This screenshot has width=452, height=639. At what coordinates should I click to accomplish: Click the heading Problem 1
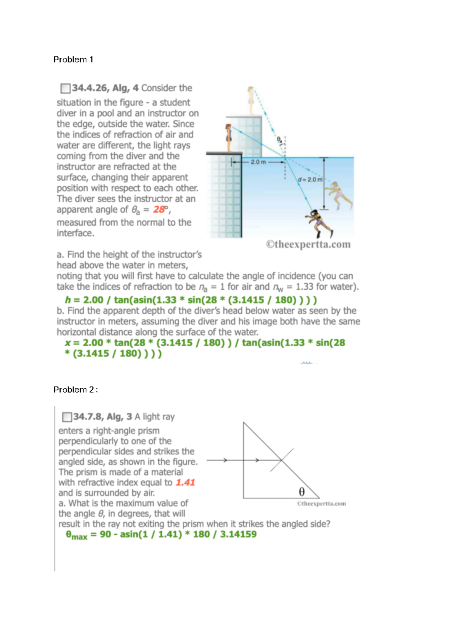pyautogui.click(x=73, y=60)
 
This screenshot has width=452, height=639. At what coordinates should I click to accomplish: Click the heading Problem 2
pyautogui.click(x=75, y=390)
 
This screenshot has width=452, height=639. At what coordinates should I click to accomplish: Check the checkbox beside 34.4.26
pyautogui.click(x=65, y=89)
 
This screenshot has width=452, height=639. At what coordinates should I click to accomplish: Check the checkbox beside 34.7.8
pyautogui.click(x=67, y=417)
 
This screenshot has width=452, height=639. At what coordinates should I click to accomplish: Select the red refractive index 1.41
pyautogui.click(x=185, y=483)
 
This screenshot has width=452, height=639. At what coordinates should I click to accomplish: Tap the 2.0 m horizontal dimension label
pyautogui.click(x=258, y=162)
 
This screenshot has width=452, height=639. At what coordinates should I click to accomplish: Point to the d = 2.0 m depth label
pyautogui.click(x=310, y=180)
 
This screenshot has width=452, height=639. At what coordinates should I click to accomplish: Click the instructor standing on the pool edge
pyautogui.click(x=228, y=137)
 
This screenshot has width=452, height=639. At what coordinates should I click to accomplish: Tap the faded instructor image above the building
pyautogui.click(x=251, y=100)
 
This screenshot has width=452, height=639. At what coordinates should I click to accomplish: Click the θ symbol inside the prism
pyautogui.click(x=302, y=492)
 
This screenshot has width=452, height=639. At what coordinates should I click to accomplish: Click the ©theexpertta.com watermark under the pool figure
pyautogui.click(x=308, y=245)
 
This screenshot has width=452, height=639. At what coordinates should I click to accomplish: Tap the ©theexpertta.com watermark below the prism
pyautogui.click(x=321, y=504)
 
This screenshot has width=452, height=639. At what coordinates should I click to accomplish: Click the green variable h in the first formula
pyautogui.click(x=68, y=300)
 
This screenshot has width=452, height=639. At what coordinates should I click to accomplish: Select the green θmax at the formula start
pyautogui.click(x=76, y=535)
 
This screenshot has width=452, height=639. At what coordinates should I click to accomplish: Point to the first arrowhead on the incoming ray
pyautogui.click(x=225, y=460)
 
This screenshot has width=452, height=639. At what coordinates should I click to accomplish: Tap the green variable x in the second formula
pyautogui.click(x=68, y=343)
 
